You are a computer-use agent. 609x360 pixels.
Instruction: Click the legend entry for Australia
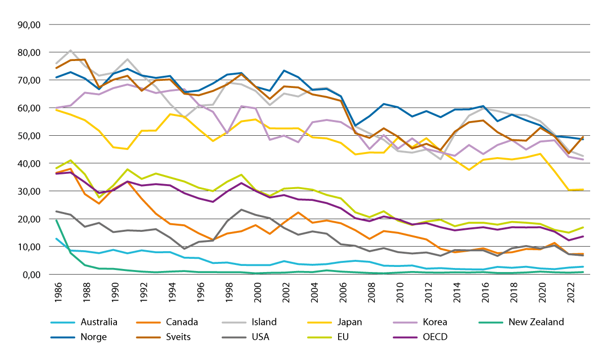click(84, 322)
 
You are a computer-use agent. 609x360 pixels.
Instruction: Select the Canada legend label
click(167, 322)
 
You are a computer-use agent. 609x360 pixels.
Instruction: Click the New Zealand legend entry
click(521, 322)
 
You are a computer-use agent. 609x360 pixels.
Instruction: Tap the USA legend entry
click(246, 337)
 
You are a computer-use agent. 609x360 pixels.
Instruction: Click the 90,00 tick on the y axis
click(29, 24)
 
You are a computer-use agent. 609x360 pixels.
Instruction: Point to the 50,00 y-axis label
click(29, 136)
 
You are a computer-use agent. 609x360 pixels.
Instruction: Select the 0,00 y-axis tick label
click(32, 275)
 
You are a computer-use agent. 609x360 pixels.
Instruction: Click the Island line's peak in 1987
click(71, 50)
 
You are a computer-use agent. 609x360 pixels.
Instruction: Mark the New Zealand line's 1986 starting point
click(56, 220)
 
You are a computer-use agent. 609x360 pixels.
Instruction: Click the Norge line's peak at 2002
click(284, 70)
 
